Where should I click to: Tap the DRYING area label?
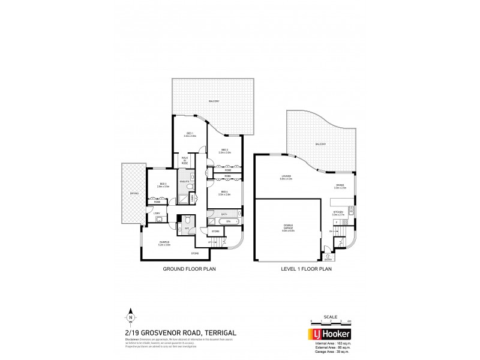134,193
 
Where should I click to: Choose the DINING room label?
340,187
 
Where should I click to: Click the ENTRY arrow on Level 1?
328,258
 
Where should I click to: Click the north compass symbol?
130,318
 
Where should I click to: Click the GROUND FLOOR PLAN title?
189,269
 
